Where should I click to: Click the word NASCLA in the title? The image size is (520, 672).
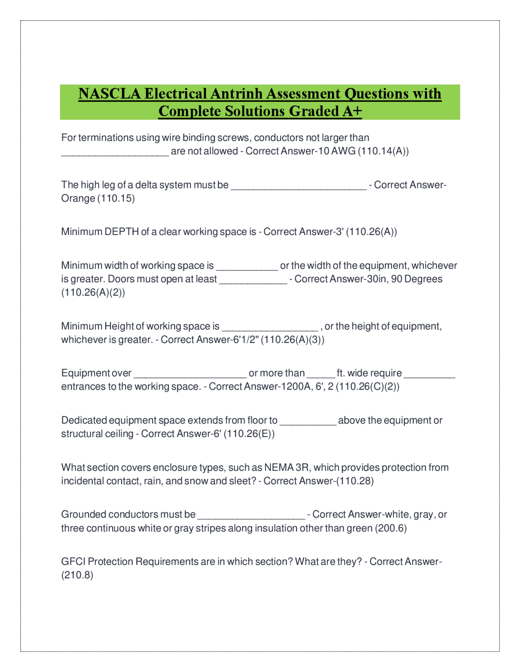pyautogui.click(x=110, y=94)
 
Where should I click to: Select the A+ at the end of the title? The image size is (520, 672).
pyautogui.click(x=352, y=111)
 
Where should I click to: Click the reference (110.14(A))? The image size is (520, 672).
pyautogui.click(x=383, y=151)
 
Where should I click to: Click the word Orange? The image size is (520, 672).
pyautogui.click(x=78, y=198)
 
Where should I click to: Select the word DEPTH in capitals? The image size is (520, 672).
pyautogui.click(x=121, y=232)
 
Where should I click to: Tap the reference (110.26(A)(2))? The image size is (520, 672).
pyautogui.click(x=93, y=293)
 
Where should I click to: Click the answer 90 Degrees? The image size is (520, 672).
pyautogui.click(x=417, y=279)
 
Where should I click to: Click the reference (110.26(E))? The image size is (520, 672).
pyautogui.click(x=249, y=434)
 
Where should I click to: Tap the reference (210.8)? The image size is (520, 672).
pyautogui.click(x=77, y=575)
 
